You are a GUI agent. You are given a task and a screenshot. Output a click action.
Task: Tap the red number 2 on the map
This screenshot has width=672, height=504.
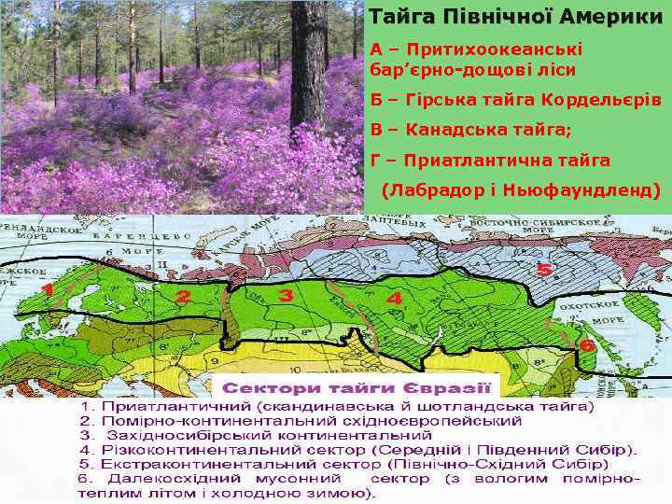click(x=183, y=298)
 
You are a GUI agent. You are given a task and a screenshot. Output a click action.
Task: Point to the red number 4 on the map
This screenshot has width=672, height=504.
click(x=394, y=301)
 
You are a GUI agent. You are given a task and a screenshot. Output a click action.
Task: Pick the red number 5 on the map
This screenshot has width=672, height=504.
click(x=544, y=270)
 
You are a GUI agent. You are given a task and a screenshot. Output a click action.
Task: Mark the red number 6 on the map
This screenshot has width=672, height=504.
click(x=587, y=344)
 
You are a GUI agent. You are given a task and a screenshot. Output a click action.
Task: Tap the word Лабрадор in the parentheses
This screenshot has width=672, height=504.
click(x=437, y=190)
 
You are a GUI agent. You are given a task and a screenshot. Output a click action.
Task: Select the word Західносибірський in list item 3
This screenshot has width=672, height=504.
click(x=184, y=435)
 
